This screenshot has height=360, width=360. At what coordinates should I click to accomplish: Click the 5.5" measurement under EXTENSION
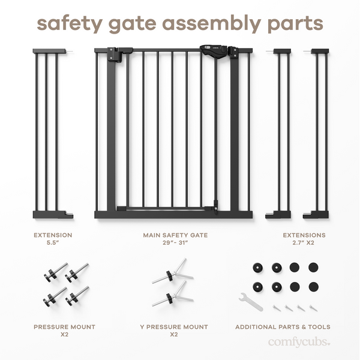pos(53,244)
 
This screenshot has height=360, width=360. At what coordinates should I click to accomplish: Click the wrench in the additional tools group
pos(250,301)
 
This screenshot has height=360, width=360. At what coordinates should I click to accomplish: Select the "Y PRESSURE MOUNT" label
pos(173,327)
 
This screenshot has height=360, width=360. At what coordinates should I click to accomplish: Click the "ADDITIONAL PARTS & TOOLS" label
pos(283,327)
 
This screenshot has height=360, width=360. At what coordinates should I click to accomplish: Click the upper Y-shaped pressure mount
pos(173,273)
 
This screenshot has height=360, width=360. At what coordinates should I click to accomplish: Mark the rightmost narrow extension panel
pos(318,132)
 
